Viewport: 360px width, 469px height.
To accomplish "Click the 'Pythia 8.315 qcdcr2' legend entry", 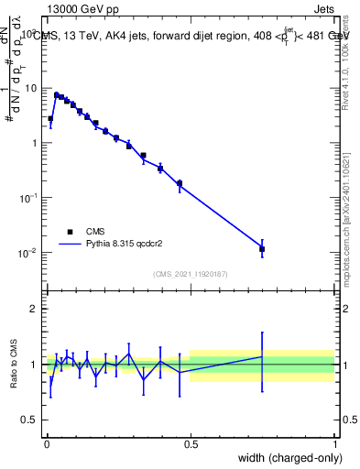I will [110, 245].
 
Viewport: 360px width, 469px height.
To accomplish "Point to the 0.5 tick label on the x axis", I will [191, 442].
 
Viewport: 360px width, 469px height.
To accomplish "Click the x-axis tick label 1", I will [334, 442].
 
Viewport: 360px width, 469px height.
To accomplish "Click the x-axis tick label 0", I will [47, 442].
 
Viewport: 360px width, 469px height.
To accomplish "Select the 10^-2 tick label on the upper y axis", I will [27, 253].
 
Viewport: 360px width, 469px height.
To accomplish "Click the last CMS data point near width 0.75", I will [262, 248].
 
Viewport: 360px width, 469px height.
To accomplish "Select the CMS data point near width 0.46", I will [180, 183].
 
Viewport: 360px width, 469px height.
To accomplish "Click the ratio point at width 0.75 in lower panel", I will [262, 356].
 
